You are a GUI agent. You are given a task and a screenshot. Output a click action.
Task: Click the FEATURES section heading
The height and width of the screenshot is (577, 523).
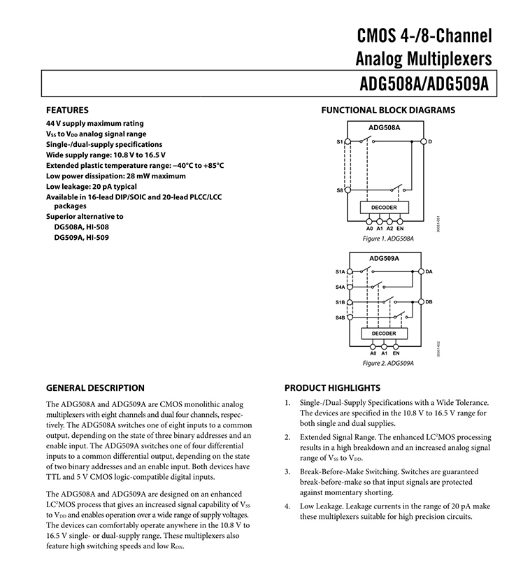point(67,110)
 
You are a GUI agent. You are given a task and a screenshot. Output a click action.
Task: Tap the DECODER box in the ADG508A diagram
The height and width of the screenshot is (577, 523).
point(384,208)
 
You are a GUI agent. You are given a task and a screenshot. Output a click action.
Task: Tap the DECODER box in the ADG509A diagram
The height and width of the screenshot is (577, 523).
point(384,334)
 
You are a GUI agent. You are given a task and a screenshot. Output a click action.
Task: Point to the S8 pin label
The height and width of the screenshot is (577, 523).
point(339,190)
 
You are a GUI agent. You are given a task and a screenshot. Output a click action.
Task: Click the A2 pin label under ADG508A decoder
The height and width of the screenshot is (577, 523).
point(389,229)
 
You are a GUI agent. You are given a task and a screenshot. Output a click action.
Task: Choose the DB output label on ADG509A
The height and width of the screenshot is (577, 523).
point(429,301)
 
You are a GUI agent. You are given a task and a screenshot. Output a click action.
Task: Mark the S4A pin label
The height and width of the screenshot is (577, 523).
point(339,287)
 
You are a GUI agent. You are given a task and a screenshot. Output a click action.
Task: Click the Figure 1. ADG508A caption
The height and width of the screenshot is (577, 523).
point(388,238)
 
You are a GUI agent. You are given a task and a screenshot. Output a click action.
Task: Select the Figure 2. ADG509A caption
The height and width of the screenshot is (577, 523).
point(388,364)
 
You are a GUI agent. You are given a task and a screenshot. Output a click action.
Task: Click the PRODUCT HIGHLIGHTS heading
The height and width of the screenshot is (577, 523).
point(332,388)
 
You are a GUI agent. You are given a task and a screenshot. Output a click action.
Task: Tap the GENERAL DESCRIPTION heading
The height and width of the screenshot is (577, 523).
point(95,388)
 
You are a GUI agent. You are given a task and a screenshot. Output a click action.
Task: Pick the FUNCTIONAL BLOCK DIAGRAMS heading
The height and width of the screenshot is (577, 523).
point(388,110)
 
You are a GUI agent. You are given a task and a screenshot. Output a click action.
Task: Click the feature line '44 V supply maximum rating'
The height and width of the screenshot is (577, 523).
point(94,123)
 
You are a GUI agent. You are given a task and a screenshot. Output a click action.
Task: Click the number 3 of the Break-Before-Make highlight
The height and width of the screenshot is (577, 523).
point(287,472)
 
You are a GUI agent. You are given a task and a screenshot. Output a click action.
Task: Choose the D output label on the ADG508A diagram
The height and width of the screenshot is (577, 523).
point(429,142)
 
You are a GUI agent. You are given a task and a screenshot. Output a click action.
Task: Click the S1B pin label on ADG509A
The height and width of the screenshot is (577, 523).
point(339,302)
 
